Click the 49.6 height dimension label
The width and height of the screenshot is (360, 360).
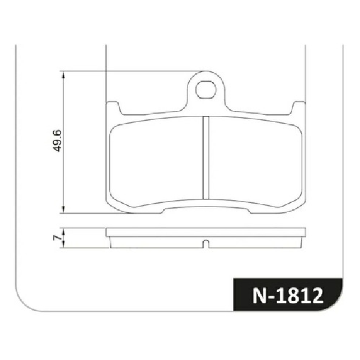tap(57, 141)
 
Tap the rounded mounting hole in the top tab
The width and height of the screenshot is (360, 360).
tap(205, 90)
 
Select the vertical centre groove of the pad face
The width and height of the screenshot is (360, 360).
tap(206, 158)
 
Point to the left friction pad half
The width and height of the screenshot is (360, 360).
tap(157, 161)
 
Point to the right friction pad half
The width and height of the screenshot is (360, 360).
tap(255, 161)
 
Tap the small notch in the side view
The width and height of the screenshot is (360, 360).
tap(206, 244)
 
